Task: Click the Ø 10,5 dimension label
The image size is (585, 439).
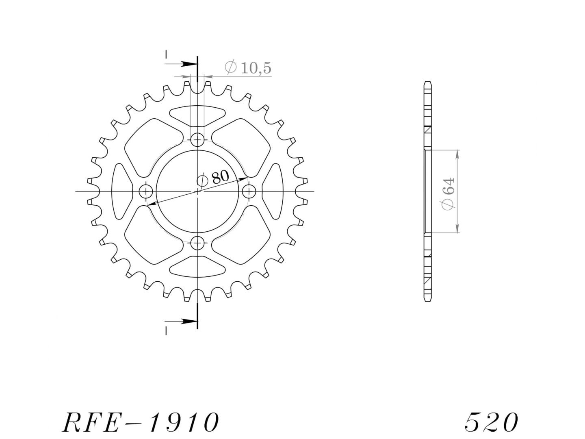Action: coord(248,67)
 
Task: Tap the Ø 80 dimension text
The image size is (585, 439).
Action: coord(213,178)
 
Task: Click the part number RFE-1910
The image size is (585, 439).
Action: coord(141,422)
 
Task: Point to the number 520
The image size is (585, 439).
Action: coord(491,422)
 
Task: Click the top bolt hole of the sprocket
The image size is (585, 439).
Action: coord(197,140)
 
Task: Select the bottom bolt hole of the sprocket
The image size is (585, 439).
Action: coord(197,243)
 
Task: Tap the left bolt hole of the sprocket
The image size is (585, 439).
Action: coord(146,191)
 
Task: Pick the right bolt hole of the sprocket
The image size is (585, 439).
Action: coord(249,191)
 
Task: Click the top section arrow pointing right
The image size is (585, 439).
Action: coord(181,64)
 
